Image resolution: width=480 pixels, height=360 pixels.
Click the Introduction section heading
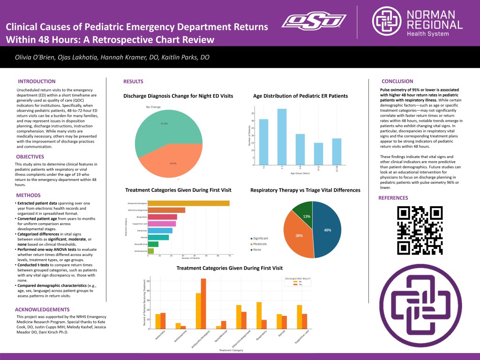coord(37,81)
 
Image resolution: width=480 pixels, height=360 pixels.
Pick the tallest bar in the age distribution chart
coord(282,136)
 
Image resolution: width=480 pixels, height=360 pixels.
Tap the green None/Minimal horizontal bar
coord(153,244)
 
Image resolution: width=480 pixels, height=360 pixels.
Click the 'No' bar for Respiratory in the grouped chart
coord(259,315)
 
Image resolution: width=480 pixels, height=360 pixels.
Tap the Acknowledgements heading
coord(43,309)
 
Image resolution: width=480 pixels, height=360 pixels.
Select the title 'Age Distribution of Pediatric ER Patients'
coord(300,96)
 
